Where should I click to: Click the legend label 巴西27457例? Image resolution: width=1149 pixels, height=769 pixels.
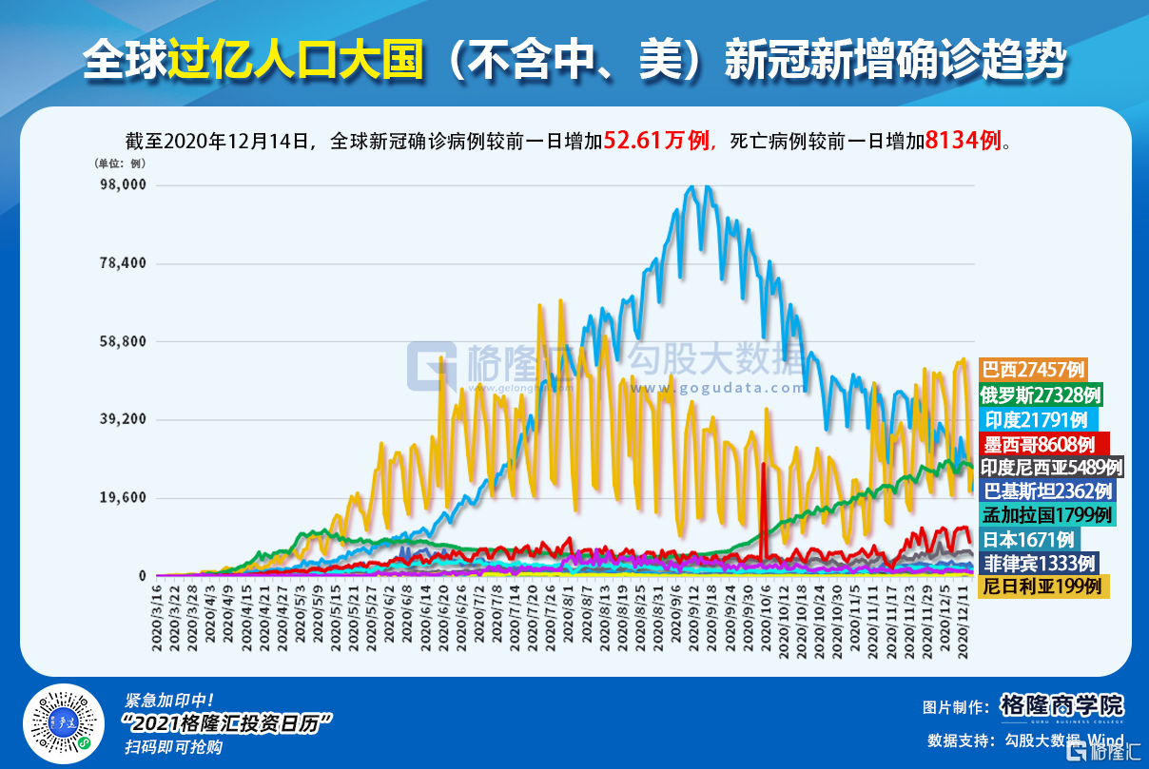[x=1032, y=369]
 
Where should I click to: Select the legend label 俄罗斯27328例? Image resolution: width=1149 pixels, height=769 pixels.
[x=1041, y=394]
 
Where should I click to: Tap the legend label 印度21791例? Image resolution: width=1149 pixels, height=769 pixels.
[x=1036, y=418]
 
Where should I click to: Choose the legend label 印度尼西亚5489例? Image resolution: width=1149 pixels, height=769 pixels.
[x=1052, y=467]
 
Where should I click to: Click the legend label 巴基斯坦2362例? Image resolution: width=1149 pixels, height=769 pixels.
[x=1046, y=490]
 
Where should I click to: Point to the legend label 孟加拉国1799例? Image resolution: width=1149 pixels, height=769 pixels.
[x=1046, y=514]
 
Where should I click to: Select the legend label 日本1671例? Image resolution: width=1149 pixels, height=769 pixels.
[x=1027, y=539]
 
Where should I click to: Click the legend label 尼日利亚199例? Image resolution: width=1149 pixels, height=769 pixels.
[x=1042, y=586]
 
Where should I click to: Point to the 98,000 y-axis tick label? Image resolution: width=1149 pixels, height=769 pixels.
[x=123, y=184]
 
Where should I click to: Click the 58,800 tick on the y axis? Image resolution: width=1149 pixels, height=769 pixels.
[x=123, y=341]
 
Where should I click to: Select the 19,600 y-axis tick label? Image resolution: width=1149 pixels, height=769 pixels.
[x=123, y=498]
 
